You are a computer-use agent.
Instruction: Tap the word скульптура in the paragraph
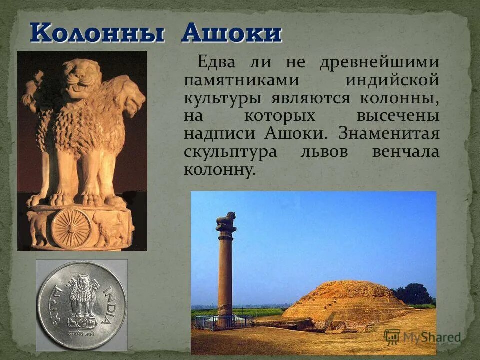230,152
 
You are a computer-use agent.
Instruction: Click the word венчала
406,152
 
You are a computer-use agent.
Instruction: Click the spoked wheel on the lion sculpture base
70,227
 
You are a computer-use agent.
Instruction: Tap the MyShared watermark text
430,337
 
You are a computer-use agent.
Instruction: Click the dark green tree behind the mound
413,294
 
